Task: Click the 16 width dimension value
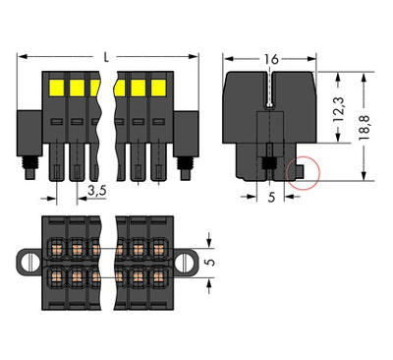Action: pyautogui.click(x=269, y=60)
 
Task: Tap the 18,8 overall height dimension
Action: pyautogui.click(x=365, y=127)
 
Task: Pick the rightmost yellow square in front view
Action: pyautogui.click(x=154, y=88)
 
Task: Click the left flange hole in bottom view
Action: pyautogui.click(x=28, y=263)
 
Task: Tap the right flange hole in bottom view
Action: pyautogui.click(x=184, y=263)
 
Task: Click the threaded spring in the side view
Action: pyautogui.click(x=268, y=161)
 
